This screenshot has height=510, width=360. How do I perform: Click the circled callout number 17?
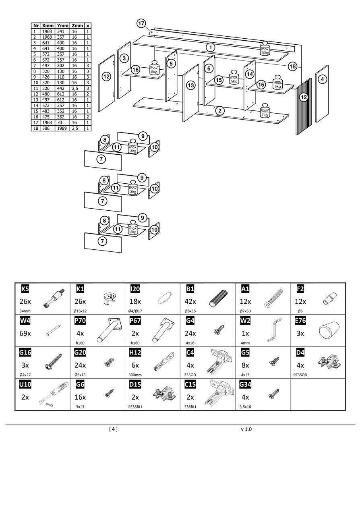[x=141, y=23]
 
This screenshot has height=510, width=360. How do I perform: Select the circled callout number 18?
[x=292, y=66]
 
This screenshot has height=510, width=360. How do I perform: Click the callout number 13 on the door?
[x=191, y=85]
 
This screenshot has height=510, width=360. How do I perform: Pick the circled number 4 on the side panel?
[x=323, y=79]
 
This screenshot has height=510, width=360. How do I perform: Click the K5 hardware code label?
[x=25, y=288]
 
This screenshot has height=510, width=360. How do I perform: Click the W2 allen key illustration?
[x=275, y=331]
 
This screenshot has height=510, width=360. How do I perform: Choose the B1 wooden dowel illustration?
[x=219, y=300]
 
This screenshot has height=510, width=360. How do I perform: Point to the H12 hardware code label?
[x=135, y=353]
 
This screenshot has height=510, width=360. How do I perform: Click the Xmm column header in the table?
[x=48, y=25]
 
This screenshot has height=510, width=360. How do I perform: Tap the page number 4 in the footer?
[x=114, y=429]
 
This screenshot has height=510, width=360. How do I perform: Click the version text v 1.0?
[x=246, y=429]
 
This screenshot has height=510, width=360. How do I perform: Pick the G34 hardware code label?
[x=246, y=385]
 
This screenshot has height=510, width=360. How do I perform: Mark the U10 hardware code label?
[x=25, y=385]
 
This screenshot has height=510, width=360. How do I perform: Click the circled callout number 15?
[x=219, y=80]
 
